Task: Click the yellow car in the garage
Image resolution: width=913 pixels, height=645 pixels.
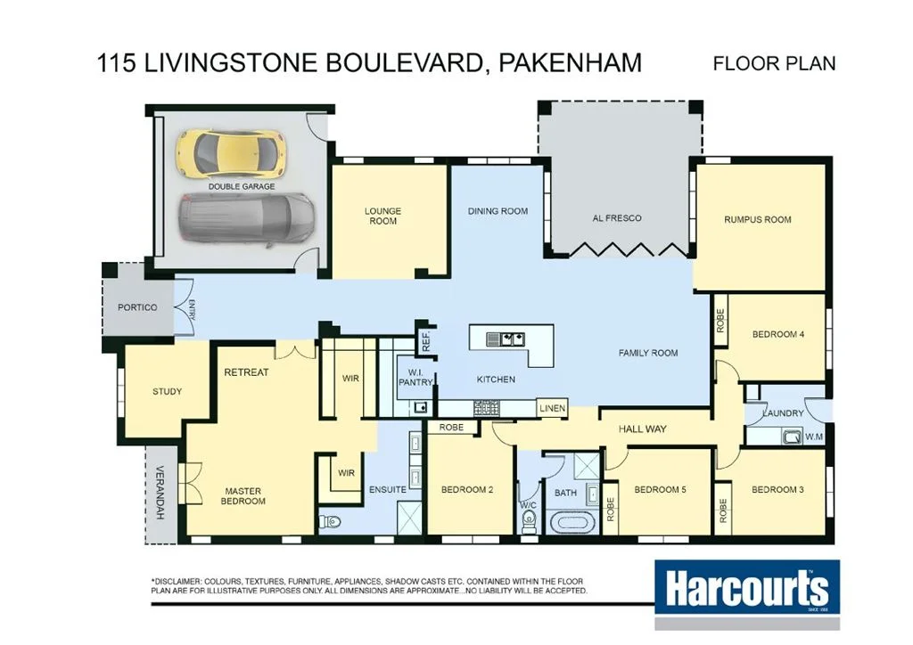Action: pyautogui.click(x=231, y=153)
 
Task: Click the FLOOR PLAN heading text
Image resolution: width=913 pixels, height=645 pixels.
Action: pyautogui.click(x=774, y=63)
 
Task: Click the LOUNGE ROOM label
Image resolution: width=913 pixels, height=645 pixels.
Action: pyautogui.click(x=382, y=216)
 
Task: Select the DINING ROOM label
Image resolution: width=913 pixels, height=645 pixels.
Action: pyautogui.click(x=498, y=211)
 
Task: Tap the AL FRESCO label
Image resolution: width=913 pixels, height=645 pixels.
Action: pyautogui.click(x=617, y=218)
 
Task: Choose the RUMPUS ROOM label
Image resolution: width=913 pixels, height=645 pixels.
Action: pyautogui.click(x=757, y=219)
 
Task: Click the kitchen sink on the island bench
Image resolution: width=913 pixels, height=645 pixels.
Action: pyautogui.click(x=506, y=339)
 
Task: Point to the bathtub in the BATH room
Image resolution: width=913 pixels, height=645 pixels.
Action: pyautogui.click(x=568, y=521)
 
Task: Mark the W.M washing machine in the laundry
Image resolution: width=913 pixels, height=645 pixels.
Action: pyautogui.click(x=790, y=437)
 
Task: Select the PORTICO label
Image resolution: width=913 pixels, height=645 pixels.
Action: pyautogui.click(x=137, y=307)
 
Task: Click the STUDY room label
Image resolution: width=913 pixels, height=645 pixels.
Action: pyautogui.click(x=167, y=391)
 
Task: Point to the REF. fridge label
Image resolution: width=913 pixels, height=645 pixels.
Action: pyautogui.click(x=426, y=340)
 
